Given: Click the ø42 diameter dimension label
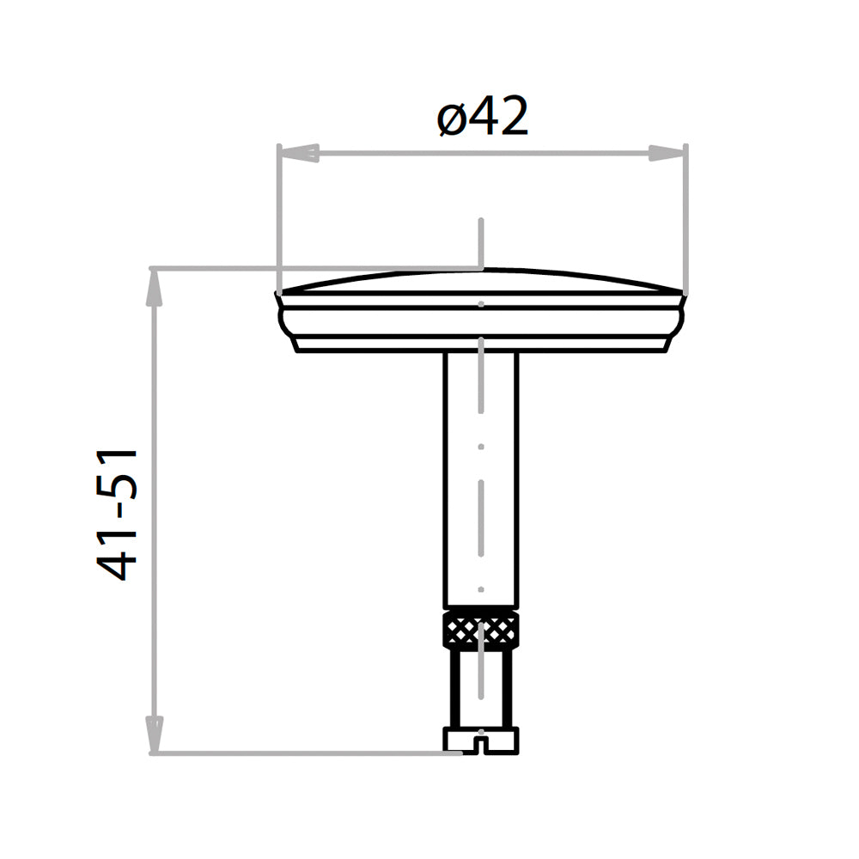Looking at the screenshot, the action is (483, 116).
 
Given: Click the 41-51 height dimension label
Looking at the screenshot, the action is (117, 515).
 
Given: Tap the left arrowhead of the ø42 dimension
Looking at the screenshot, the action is (299, 154).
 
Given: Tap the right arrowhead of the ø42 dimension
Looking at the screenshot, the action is (667, 154).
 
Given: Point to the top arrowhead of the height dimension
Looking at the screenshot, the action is (155, 287).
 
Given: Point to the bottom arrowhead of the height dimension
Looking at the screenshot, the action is (155, 734).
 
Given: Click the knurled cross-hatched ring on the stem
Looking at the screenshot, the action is (480, 629).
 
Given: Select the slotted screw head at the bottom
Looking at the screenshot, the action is (480, 740).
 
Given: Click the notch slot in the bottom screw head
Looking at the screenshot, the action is (480, 746).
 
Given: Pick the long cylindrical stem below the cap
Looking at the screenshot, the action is (480, 480).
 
